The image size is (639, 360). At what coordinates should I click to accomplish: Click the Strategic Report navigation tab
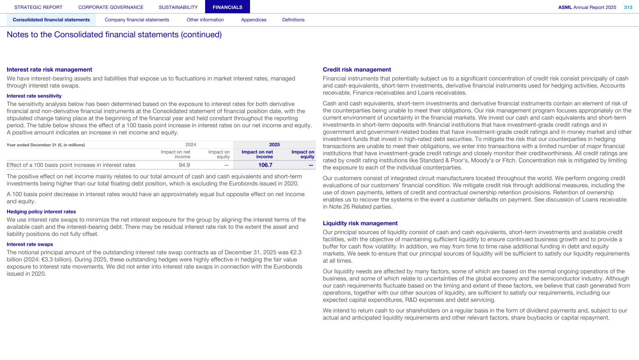(x=38, y=7)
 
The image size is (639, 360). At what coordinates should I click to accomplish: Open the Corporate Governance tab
(x=111, y=7)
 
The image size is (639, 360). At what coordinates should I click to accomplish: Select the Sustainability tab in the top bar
(x=178, y=7)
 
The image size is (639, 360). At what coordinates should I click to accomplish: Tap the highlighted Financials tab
(x=228, y=7)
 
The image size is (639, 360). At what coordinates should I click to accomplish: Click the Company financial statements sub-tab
(x=137, y=20)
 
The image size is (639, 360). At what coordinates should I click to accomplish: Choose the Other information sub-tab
(x=205, y=20)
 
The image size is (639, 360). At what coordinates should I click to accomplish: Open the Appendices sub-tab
(x=254, y=20)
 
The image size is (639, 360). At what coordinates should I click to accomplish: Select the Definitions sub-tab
(x=293, y=20)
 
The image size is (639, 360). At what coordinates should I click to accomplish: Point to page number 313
(x=628, y=7)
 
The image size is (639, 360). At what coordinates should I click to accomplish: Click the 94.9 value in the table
(x=184, y=165)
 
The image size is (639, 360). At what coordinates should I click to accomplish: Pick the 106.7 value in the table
(x=265, y=165)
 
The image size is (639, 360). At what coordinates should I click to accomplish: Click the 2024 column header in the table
(x=191, y=145)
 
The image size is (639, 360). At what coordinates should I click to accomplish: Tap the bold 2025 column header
(x=274, y=145)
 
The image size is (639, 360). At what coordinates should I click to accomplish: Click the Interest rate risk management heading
(x=49, y=69)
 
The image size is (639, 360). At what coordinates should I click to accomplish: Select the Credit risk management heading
(x=357, y=69)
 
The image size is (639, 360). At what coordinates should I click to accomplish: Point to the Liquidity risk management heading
(x=360, y=223)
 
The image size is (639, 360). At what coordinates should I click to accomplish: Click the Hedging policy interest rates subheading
(x=41, y=212)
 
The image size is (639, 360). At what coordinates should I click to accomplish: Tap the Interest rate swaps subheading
(x=30, y=244)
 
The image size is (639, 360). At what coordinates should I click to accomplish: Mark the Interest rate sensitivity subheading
(x=34, y=96)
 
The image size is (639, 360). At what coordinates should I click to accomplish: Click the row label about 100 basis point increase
(x=71, y=165)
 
